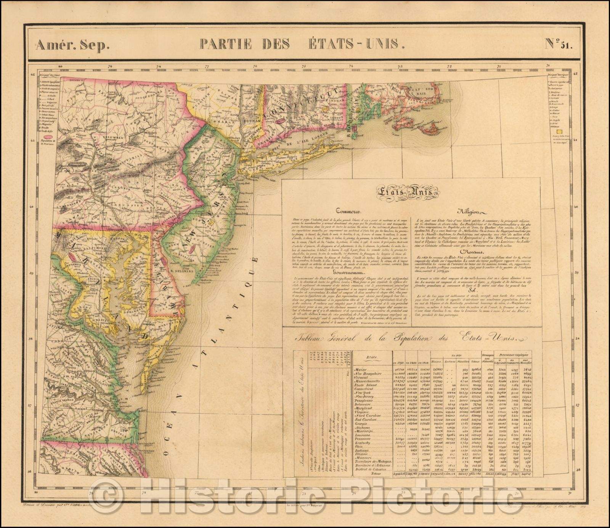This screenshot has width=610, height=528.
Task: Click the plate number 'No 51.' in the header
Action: [557, 45]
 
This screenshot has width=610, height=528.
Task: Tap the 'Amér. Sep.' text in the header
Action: [72, 45]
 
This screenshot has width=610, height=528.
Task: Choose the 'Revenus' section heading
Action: [472, 251]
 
